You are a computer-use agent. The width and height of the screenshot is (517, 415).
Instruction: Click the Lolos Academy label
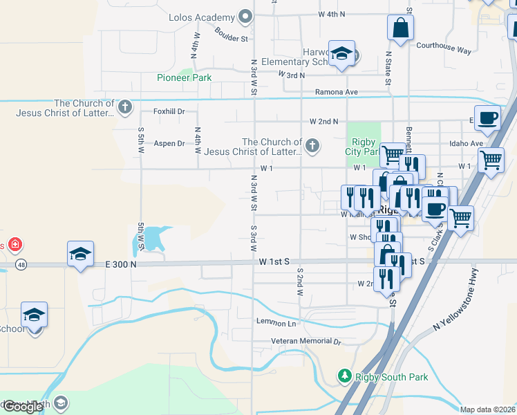[201, 17]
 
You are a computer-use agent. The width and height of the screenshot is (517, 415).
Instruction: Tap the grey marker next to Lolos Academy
[245, 17]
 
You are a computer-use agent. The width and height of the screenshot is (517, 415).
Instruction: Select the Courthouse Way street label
[443, 50]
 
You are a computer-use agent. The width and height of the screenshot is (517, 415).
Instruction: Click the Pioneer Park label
[184, 77]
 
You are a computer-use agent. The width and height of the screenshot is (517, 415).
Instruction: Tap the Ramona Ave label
[336, 92]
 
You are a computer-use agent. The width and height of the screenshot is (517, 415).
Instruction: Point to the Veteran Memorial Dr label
[306, 342]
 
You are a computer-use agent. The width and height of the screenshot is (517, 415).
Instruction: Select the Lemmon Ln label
[276, 323]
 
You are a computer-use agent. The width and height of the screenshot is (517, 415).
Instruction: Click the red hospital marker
[15, 245]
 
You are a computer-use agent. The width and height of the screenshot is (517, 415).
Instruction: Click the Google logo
[22, 407]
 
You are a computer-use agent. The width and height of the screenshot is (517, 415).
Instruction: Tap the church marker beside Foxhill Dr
[124, 107]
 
